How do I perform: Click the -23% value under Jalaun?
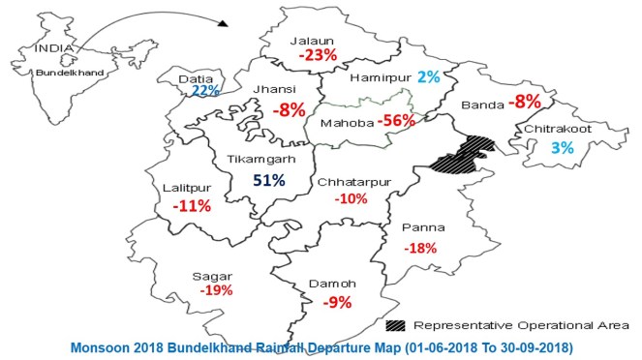[318, 56]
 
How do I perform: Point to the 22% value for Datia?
[205, 90]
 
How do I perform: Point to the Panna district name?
[424, 228]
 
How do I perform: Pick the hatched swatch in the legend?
[396, 324]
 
